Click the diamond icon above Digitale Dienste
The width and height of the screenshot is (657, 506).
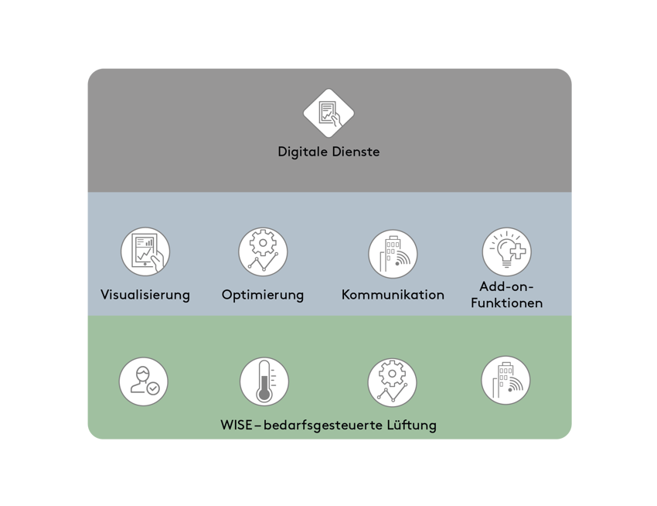pos(328,113)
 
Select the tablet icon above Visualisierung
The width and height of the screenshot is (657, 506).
pos(145,252)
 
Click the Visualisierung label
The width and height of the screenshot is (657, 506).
pos(145,295)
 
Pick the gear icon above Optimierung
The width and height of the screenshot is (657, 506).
pos(263,252)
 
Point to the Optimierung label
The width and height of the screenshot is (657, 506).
pos(263,295)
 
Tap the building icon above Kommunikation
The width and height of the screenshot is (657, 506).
pos(393,253)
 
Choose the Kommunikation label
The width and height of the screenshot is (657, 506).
pos(393,295)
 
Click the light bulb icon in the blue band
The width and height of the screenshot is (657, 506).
pos(506,252)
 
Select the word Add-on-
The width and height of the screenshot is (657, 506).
pos(506,287)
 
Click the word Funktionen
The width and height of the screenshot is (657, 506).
pos(506,303)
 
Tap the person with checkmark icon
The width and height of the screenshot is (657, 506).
pos(144,382)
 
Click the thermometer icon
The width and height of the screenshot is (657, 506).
pos(264,382)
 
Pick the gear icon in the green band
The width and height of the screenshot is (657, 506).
pos(392,382)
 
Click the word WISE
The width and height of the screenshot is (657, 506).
pos(237,425)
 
